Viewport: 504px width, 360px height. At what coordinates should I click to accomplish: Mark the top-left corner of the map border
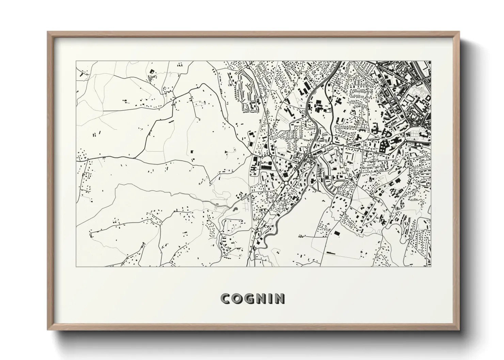pos(76,61)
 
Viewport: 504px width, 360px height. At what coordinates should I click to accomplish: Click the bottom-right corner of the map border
pos(431,266)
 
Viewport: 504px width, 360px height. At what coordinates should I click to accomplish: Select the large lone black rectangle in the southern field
pos(337,233)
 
